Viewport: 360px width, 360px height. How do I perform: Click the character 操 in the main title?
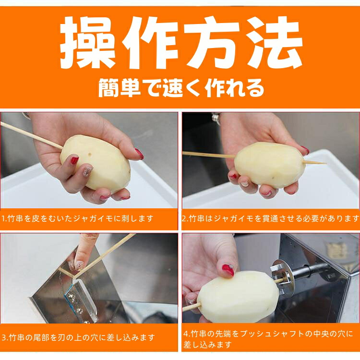tap(88, 43)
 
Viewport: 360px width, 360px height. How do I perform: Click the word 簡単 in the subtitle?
tap(119, 88)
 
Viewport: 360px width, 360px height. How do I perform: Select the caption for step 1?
tap(77, 218)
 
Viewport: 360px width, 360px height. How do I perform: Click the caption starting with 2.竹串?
tap(270, 218)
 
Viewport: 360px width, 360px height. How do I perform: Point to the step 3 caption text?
tap(78, 337)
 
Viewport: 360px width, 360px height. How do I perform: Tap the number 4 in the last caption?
tap(186, 334)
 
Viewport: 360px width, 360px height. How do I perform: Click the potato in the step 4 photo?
tap(238, 296)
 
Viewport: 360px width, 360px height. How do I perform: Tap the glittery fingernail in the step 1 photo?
tap(87, 171)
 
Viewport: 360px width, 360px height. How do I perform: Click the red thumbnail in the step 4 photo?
tap(228, 270)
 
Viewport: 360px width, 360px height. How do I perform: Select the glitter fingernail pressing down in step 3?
tap(79, 266)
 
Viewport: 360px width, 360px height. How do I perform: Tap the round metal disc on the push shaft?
tap(283, 277)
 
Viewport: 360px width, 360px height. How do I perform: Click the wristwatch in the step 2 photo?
tap(216, 118)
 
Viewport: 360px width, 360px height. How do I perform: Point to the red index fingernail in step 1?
tap(74, 160)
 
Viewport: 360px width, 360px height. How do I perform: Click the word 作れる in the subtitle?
tap(235, 88)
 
